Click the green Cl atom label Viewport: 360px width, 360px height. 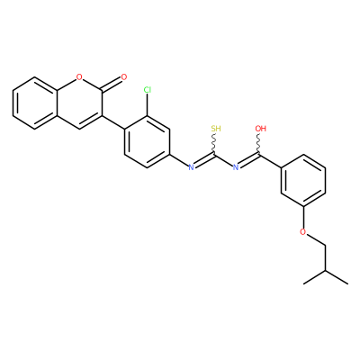pyautogui.click(x=148, y=90)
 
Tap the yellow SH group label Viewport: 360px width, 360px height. pyautogui.click(x=216, y=129)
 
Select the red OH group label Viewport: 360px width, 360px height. pyautogui.click(x=261, y=129)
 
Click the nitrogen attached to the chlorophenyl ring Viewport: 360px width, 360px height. pyautogui.click(x=191, y=167)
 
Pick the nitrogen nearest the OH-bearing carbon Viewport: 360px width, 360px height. pyautogui.click(x=236, y=167)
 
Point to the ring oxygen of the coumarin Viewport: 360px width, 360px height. pyautogui.click(x=79, y=77)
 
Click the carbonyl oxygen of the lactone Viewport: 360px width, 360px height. pyautogui.click(x=124, y=77)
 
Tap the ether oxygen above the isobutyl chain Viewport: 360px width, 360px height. pyautogui.click(x=303, y=232)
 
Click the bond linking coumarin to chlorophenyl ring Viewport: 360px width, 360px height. pyautogui.click(x=113, y=122)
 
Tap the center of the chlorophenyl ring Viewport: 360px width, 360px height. pyautogui.click(x=147, y=141)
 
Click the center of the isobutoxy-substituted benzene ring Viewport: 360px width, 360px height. pyautogui.click(x=303, y=180)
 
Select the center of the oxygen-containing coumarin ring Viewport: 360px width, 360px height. pyautogui.click(x=79, y=103)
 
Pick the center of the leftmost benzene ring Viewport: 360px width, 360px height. pyautogui.click(x=34, y=103)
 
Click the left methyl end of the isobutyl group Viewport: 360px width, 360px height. pyautogui.click(x=304, y=283)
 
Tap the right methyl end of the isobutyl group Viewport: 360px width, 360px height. pyautogui.click(x=348, y=283)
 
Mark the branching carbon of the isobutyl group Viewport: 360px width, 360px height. pyautogui.click(x=326, y=271)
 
